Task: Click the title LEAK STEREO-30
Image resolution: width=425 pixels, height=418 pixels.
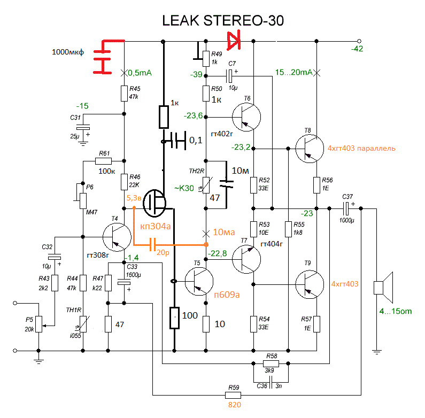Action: (x=223, y=21)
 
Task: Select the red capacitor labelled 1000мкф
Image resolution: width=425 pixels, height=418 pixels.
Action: (x=104, y=56)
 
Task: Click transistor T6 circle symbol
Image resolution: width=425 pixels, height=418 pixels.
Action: (x=246, y=117)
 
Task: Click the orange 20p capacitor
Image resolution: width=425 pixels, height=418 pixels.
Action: (x=153, y=245)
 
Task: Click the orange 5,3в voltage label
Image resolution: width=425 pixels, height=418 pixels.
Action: (x=134, y=197)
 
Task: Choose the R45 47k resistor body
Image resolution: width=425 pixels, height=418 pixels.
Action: (x=124, y=92)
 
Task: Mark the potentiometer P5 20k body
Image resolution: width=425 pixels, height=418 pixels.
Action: (x=38, y=322)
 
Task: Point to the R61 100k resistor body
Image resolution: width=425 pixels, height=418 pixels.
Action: (x=103, y=160)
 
